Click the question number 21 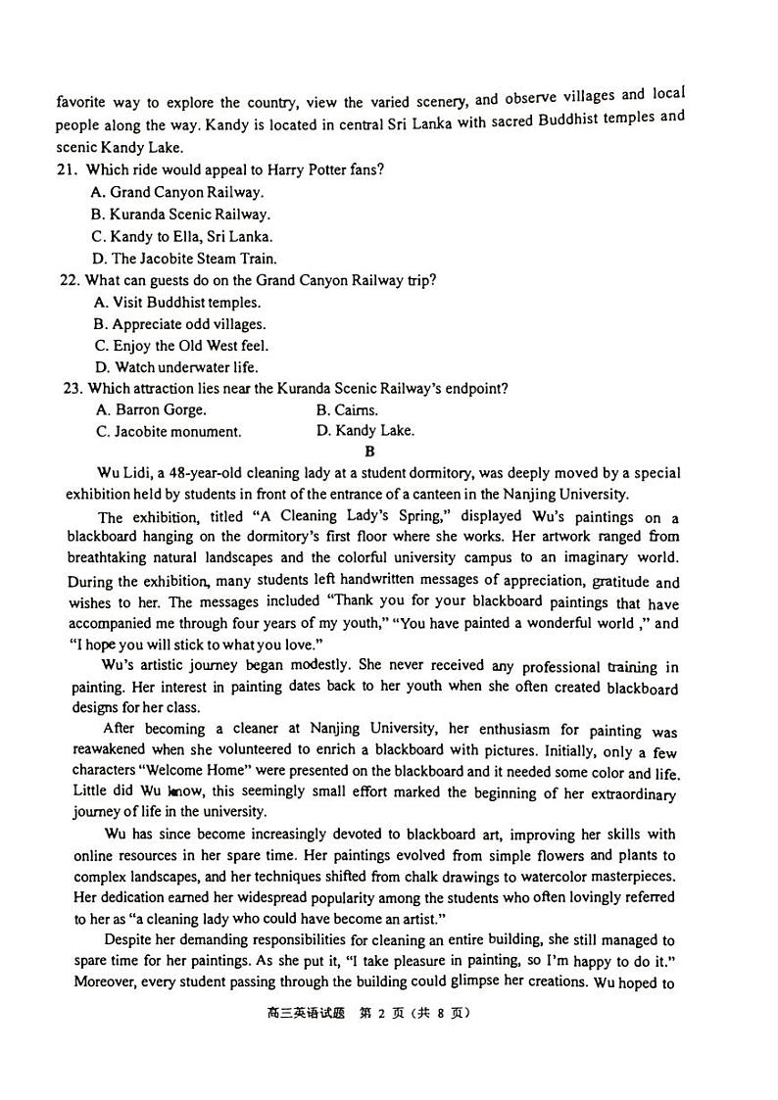[x=67, y=169]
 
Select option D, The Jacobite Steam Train [x=184, y=259]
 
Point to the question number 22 [x=69, y=280]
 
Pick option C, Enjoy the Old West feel [x=181, y=346]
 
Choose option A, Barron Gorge [x=151, y=410]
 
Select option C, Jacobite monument [x=168, y=432]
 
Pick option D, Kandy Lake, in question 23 [x=365, y=431]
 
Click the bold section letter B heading [x=369, y=452]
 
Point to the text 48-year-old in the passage [x=203, y=473]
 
